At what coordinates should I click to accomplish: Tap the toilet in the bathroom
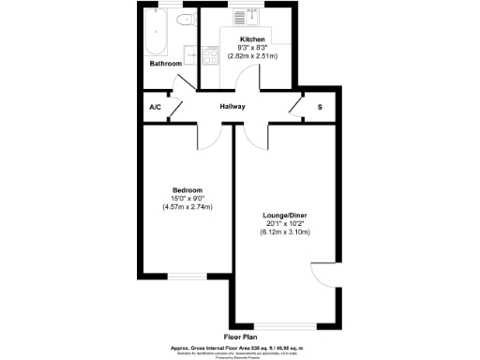(x=184, y=20)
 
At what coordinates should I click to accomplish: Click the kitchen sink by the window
(x=241, y=17)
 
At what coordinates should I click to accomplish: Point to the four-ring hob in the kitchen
(x=210, y=55)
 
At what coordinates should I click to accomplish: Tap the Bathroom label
(x=166, y=64)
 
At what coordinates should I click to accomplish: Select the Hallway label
(x=232, y=106)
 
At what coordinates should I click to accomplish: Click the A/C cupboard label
(x=156, y=107)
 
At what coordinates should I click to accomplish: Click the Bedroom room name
(x=186, y=189)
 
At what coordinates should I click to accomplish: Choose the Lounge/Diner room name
(x=284, y=215)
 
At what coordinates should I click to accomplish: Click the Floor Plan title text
(x=241, y=335)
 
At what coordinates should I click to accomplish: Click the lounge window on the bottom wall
(x=280, y=325)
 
